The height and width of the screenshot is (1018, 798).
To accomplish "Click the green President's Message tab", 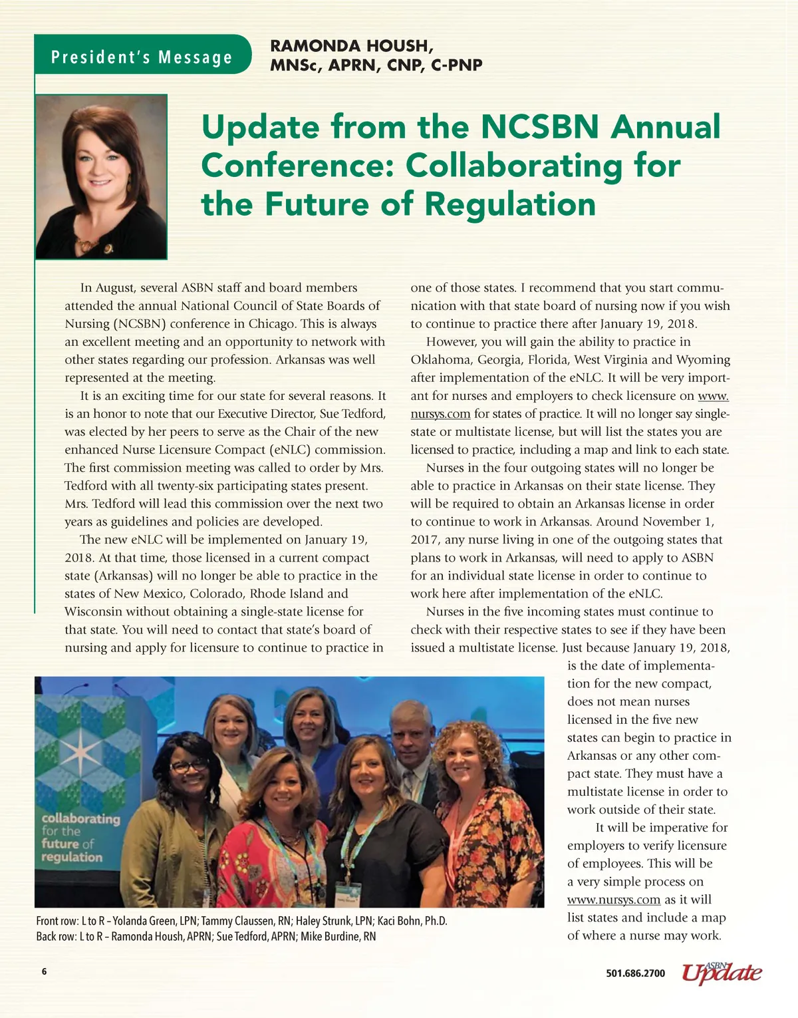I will tap(142, 57).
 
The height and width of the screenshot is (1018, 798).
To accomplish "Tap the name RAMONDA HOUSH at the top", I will tap(352, 46).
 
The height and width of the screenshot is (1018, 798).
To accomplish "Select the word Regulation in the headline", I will tap(510, 204).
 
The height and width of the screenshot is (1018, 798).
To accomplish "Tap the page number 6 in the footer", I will tap(45, 971).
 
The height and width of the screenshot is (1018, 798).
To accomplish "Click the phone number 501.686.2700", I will tap(635, 973).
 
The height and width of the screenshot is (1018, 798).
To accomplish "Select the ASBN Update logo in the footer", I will tap(722, 972).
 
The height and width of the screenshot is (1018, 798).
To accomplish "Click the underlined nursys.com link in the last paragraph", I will tap(613, 900).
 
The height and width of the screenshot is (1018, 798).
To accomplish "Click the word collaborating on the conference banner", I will tap(80, 818).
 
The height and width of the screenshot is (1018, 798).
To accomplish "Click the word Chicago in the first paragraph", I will tap(272, 324).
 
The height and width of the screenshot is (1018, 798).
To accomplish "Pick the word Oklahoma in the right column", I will tap(440, 360).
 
